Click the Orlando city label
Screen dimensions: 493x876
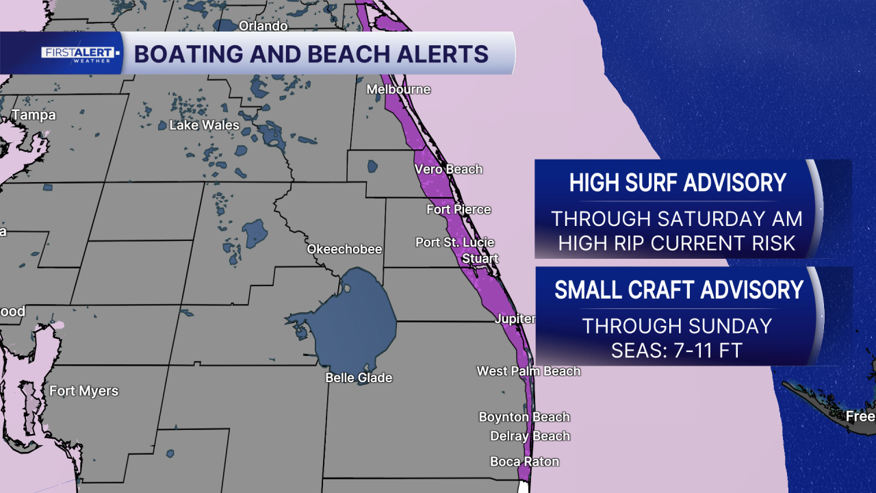263,26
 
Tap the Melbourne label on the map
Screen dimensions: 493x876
398,90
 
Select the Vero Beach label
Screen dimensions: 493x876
448,169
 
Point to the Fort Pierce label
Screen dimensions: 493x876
459,210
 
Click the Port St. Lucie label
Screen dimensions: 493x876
454,242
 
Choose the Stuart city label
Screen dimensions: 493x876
480,259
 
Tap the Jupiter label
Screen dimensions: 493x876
515,319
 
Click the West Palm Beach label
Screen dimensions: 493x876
528,371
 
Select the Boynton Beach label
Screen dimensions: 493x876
524,417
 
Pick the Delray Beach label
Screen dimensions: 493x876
530,436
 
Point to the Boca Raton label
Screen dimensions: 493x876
524,462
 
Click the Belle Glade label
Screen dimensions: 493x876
359,378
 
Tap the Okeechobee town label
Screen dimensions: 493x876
344,249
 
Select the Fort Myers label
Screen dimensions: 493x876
83,391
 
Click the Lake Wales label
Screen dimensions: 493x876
204,125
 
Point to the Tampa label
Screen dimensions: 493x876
34,115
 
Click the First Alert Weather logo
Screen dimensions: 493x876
81,53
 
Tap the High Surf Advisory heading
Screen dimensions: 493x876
678,183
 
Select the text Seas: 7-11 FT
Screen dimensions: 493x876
676,350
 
